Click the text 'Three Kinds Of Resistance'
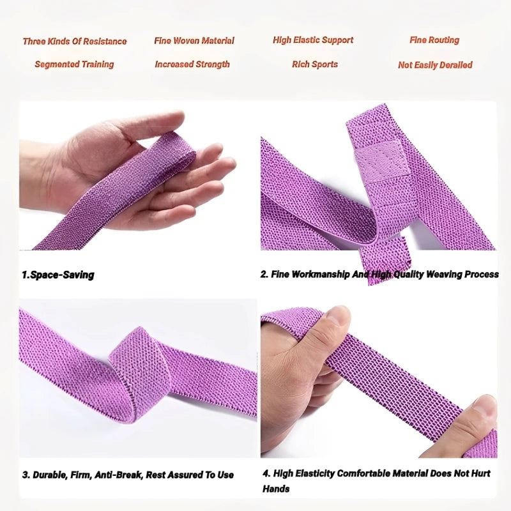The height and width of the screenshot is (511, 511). pyautogui.click(x=75, y=42)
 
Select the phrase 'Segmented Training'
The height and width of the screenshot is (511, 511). pyautogui.click(x=74, y=65)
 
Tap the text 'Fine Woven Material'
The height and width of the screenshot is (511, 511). pyautogui.click(x=194, y=41)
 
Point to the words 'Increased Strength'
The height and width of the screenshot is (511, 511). pyautogui.click(x=192, y=65)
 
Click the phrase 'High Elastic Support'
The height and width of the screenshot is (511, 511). pyautogui.click(x=313, y=40)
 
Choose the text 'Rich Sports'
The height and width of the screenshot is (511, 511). pyautogui.click(x=315, y=65)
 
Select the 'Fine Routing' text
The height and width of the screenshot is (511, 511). pyautogui.click(x=435, y=40)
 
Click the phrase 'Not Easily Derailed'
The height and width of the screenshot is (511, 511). pyautogui.click(x=435, y=65)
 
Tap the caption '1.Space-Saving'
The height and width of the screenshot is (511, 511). pyautogui.click(x=58, y=275)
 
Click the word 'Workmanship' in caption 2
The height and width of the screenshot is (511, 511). pyautogui.click(x=321, y=275)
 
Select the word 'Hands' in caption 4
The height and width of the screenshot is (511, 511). pyautogui.click(x=276, y=489)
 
